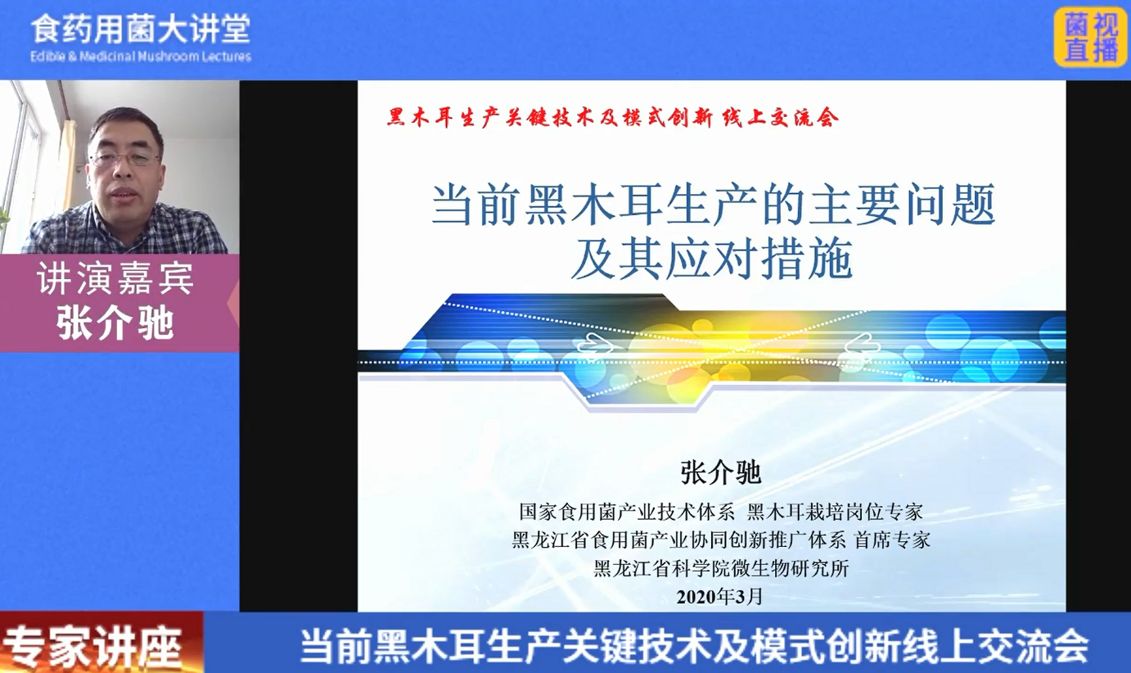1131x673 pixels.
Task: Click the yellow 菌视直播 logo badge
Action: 1091,38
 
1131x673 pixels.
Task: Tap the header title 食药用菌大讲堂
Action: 141,29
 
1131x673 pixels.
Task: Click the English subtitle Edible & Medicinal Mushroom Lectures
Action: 141,56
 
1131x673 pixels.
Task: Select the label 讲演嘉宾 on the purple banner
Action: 115,278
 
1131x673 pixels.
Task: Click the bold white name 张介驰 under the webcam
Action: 115,323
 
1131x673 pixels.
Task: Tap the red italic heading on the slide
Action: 613,117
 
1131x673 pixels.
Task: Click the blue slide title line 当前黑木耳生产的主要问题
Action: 713,205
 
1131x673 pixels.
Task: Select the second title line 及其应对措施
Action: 712,260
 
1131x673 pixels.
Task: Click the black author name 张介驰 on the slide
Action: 720,473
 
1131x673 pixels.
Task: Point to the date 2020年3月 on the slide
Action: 719,597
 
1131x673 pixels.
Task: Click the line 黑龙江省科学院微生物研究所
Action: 721,568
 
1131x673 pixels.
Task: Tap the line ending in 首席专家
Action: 721,540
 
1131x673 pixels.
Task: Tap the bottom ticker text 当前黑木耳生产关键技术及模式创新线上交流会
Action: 694,646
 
